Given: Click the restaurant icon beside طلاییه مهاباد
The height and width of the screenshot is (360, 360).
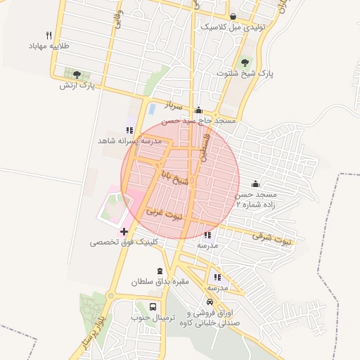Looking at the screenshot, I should pyautogui.click(x=49, y=35).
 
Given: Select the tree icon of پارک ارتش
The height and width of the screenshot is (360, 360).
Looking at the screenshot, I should pyautogui.click(x=76, y=75).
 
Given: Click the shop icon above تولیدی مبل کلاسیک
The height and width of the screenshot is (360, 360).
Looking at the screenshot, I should pyautogui.click(x=233, y=16).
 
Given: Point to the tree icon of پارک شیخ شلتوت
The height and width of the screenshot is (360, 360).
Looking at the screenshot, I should pyautogui.click(x=245, y=63).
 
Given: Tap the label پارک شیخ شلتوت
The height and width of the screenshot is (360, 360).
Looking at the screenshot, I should pyautogui.click(x=245, y=73).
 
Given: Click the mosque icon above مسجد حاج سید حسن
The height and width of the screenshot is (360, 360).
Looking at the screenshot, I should pyautogui.click(x=198, y=110).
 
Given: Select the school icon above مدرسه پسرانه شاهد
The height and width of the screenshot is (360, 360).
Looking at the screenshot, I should pyautogui.click(x=129, y=130).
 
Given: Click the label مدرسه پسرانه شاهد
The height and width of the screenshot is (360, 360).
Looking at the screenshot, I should pyautogui.click(x=130, y=141).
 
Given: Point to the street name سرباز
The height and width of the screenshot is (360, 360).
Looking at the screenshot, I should pyautogui.click(x=173, y=105).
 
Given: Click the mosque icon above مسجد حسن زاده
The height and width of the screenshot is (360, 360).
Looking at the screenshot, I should pyautogui.click(x=255, y=184).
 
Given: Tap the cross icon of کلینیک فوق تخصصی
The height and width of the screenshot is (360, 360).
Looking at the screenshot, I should pyautogui.click(x=124, y=231).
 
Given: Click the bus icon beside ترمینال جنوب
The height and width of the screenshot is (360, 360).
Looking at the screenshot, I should pyautogui.click(x=153, y=307).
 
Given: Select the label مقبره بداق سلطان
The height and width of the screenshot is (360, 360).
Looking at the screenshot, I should pyautogui.click(x=160, y=281).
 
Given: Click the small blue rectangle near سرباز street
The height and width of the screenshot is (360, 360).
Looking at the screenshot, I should pyautogui.click(x=151, y=109).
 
